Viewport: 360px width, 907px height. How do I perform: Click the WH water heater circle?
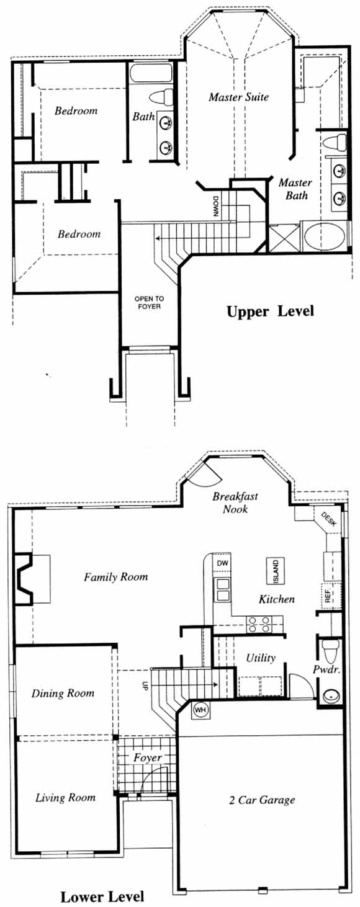pos(200,710)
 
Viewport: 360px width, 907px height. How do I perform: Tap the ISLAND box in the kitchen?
pos(276,571)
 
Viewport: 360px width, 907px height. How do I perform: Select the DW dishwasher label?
pos(222,563)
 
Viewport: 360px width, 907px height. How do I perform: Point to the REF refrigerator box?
pos(328,595)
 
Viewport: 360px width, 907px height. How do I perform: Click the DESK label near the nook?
pos(328,519)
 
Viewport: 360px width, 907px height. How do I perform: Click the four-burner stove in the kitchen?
pos(259,624)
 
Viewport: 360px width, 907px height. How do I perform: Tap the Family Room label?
pos(116,576)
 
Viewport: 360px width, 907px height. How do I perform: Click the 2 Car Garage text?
pos(262,800)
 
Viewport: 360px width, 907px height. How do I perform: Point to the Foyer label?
pos(148,758)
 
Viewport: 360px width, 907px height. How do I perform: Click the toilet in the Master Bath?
pos(335,143)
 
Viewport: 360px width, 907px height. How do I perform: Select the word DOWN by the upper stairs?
pos(216,207)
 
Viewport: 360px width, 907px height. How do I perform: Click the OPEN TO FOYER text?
pos(149,303)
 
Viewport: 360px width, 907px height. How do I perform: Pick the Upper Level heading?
pos(270,311)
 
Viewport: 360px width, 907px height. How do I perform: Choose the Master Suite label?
pos(239,97)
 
